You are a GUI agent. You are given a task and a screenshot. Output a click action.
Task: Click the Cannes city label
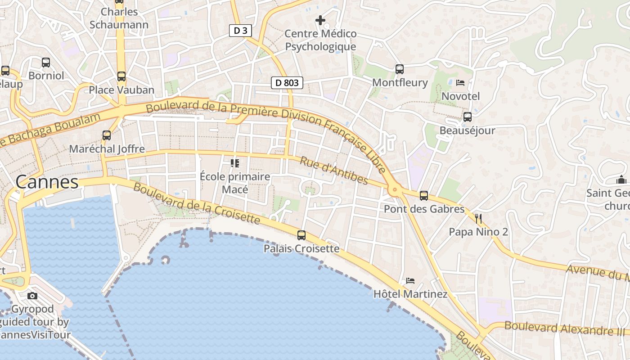pos(47,182)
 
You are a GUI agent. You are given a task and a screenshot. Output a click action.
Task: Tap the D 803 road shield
pos(287,83)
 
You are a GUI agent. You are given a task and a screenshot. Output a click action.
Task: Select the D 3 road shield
pos(240,31)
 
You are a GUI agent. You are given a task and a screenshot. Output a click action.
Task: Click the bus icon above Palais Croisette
pos(301,235)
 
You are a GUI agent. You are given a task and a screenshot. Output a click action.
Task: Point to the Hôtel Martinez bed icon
pos(410,281)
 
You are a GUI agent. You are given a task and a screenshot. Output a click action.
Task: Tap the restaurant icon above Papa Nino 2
pos(478,219)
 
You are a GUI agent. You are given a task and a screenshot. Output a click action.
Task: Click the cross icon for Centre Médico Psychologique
pos(320,20)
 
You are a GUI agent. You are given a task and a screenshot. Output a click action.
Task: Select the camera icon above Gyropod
pos(32,296)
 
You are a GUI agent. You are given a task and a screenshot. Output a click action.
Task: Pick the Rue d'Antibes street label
pos(333,171)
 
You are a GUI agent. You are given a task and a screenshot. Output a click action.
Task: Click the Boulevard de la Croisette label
pos(197,204)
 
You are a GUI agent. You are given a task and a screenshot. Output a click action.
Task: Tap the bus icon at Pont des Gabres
pos(424,196)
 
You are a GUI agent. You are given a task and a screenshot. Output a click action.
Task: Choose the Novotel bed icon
pos(460,83)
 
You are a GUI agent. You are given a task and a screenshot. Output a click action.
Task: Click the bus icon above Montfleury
pos(400,69)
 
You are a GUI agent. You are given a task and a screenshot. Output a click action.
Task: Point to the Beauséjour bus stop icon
pos(468,117)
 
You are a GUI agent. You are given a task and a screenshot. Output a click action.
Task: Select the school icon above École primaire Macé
pos(235,163)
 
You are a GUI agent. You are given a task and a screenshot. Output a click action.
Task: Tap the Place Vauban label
pos(121,90)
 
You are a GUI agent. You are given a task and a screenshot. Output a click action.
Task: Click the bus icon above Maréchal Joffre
pos(107,135)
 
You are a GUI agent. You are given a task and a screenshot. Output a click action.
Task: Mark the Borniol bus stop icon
pos(46,63)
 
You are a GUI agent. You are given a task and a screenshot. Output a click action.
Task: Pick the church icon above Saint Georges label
pos(621,180)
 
